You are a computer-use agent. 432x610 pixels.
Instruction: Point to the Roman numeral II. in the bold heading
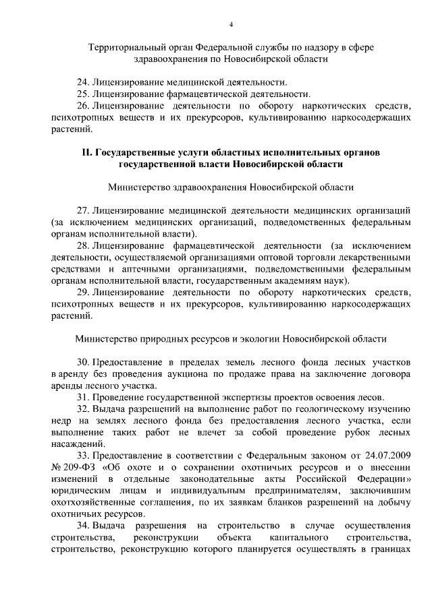pos(86,152)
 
